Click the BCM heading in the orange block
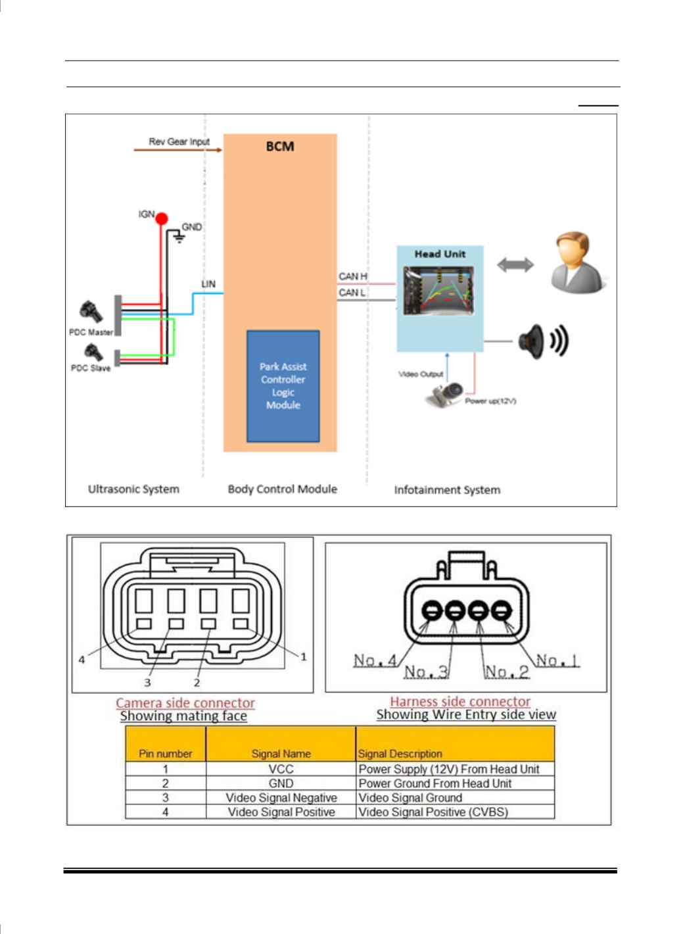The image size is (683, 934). tap(279, 147)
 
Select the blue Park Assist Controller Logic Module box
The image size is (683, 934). tap(283, 385)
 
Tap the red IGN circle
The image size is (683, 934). tap(161, 218)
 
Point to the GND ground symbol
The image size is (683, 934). tap(179, 238)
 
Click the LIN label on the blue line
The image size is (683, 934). tap(208, 284)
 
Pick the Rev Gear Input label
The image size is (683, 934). tap(179, 141)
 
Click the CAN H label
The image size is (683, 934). tap(352, 276)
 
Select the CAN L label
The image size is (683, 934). tap(352, 292)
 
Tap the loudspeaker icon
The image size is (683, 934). tap(543, 341)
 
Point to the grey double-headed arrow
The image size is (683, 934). tap(515, 265)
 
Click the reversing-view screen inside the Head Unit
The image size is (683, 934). tap(438, 291)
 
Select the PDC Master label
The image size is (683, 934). tap(91, 332)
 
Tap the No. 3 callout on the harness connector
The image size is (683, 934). tap(427, 672)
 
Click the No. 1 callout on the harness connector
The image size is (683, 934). tap(557, 660)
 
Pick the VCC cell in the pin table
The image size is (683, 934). tap(281, 768)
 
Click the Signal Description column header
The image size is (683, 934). tap(400, 754)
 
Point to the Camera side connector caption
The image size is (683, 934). tap(185, 702)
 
